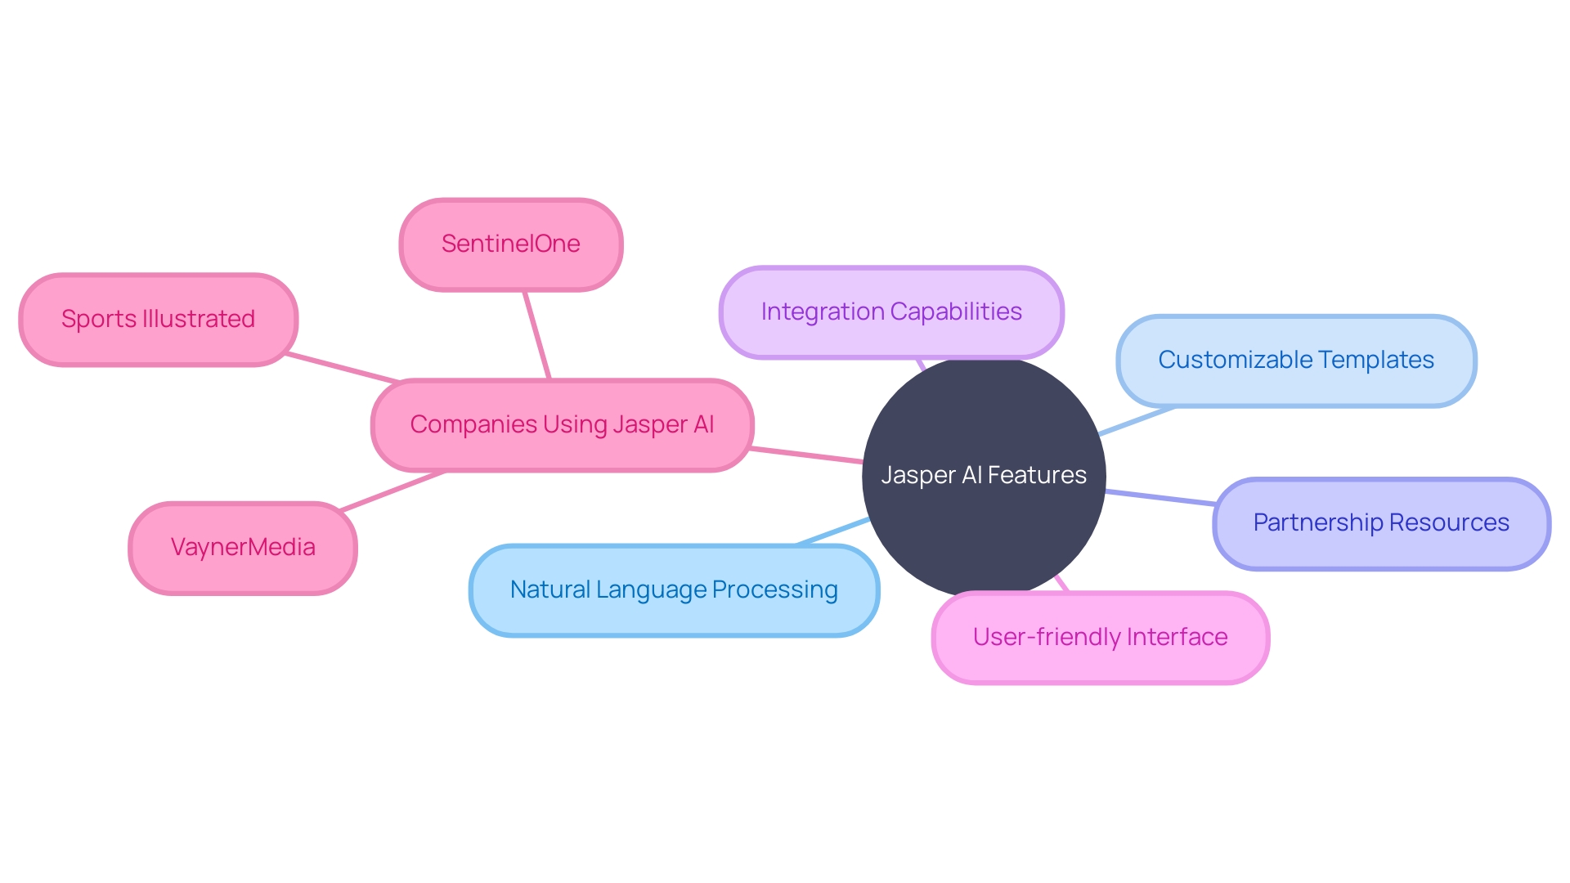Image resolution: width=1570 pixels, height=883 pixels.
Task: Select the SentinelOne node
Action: click(x=511, y=244)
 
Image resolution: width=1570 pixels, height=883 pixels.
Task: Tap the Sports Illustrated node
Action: click(x=158, y=319)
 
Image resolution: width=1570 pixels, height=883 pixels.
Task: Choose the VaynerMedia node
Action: click(x=243, y=547)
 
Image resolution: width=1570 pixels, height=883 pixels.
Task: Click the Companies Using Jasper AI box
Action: click(x=562, y=424)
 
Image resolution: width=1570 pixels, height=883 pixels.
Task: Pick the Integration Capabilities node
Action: click(x=891, y=312)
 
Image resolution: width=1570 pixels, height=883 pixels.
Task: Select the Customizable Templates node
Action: click(x=1296, y=360)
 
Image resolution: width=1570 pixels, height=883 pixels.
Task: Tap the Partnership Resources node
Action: click(x=1381, y=522)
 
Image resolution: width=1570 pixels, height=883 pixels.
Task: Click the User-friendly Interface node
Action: click(x=1100, y=637)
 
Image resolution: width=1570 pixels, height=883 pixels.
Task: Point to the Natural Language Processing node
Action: click(x=674, y=589)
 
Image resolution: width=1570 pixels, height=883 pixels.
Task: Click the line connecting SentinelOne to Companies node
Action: click(x=536, y=334)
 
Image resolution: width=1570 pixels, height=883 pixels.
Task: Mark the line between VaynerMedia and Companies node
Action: click(x=392, y=491)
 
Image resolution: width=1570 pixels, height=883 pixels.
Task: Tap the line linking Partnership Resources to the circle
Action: click(x=1160, y=497)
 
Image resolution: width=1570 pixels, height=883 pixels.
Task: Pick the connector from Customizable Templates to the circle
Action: click(x=1137, y=421)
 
